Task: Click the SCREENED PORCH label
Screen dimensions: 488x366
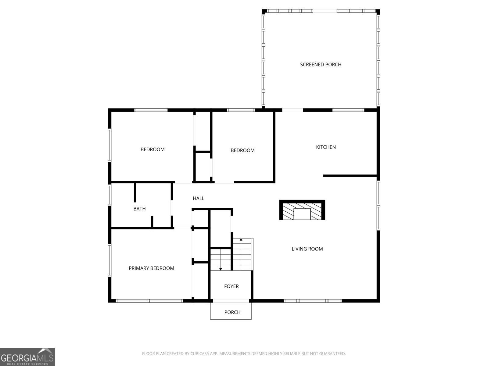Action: click(321, 64)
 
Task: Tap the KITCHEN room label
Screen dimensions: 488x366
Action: click(326, 147)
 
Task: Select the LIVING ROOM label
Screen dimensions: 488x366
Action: click(307, 249)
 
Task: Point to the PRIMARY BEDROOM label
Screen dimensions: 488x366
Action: click(151, 268)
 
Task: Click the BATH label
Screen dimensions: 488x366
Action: click(139, 209)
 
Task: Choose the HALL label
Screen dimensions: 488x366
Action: click(198, 198)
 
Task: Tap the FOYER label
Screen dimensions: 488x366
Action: click(231, 286)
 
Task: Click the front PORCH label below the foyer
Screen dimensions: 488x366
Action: click(232, 312)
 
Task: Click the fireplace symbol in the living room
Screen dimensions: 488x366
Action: click(302, 210)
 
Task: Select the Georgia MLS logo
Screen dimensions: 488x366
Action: click(27, 357)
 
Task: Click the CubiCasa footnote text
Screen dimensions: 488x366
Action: click(244, 353)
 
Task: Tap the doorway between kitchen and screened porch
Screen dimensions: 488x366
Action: click(292, 110)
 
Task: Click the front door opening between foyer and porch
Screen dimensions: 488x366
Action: click(231, 301)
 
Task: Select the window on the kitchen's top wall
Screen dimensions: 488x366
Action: click(348, 110)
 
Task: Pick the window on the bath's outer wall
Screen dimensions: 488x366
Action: click(109, 195)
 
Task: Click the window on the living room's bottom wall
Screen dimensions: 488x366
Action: click(313, 301)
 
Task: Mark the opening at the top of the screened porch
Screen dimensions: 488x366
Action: click(325, 11)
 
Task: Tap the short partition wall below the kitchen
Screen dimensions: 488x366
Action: click(350, 176)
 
